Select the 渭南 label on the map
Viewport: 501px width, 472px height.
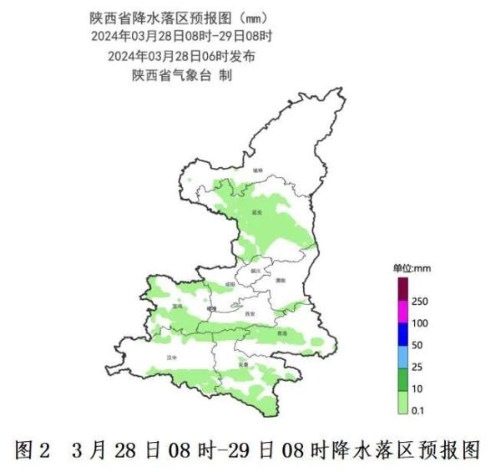[x=281, y=281]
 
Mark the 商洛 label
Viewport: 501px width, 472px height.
[x=281, y=332]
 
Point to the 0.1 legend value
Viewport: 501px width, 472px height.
[x=419, y=409]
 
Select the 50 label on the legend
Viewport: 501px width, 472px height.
[x=418, y=344]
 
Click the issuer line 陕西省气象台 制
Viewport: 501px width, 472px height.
[x=181, y=75]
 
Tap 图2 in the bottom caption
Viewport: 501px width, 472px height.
[x=33, y=451]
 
